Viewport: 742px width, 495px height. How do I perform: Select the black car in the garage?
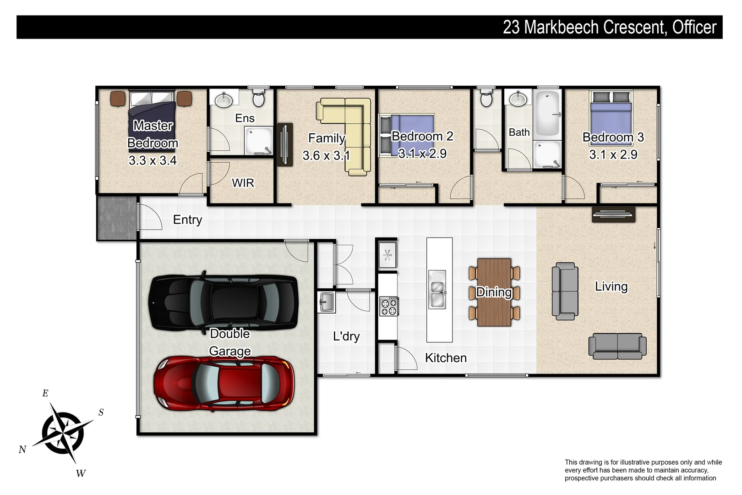224,302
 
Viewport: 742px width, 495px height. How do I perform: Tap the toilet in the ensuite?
258,98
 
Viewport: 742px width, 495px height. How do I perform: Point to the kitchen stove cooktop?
389,306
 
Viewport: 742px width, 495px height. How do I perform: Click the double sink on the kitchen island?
437,289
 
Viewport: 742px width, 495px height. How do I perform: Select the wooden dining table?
494,292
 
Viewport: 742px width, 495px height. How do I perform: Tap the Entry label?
187,220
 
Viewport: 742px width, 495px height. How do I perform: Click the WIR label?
243,183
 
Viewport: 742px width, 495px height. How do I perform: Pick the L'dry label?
346,336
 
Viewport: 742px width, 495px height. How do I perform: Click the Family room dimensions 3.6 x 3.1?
326,156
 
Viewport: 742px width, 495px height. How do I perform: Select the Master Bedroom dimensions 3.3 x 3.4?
153,160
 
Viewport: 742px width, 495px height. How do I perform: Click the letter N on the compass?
22,450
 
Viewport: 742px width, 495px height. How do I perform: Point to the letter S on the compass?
101,412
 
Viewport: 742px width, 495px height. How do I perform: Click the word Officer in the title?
694,27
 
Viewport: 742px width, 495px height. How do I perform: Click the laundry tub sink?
327,302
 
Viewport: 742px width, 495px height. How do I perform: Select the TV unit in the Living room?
613,214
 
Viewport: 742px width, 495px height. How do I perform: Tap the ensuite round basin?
224,100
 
